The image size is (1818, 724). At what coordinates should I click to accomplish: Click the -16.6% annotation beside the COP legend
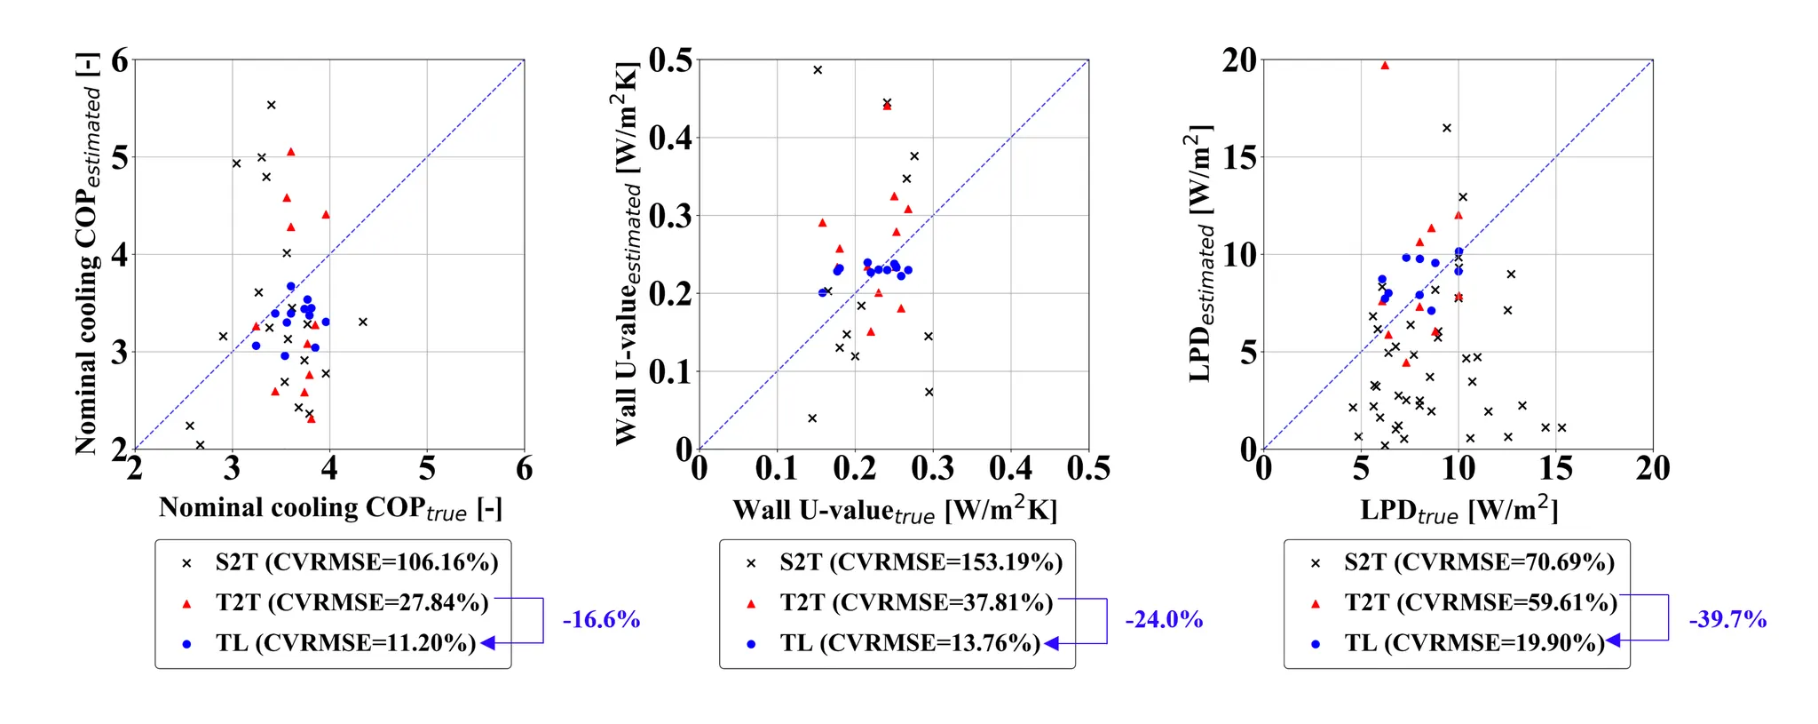pyautogui.click(x=601, y=619)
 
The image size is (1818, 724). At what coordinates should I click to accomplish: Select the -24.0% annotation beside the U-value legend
pyautogui.click(x=1164, y=619)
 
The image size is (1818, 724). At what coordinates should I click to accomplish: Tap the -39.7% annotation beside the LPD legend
pyautogui.click(x=1727, y=619)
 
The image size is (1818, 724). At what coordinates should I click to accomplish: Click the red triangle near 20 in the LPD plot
pyautogui.click(x=1385, y=66)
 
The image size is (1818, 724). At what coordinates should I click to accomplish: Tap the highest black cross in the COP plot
pyautogui.click(x=272, y=105)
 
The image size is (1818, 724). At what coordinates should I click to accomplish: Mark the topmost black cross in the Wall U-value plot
pyautogui.click(x=818, y=70)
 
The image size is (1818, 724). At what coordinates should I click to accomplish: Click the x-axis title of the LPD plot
pyautogui.click(x=1458, y=511)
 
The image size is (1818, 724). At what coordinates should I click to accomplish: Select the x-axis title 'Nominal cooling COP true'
pyautogui.click(x=330, y=509)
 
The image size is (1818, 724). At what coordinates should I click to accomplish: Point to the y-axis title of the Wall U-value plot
pyautogui.click(x=627, y=253)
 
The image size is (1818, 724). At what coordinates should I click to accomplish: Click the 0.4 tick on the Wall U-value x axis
pyautogui.click(x=1010, y=468)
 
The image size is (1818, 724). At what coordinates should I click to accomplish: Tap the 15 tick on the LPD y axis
pyautogui.click(x=1239, y=158)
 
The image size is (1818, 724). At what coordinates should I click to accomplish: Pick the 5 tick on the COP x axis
pyautogui.click(x=427, y=468)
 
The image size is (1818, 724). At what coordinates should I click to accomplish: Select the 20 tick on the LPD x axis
pyautogui.click(x=1652, y=468)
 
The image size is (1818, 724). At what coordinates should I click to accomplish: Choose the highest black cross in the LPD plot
pyautogui.click(x=1447, y=128)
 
